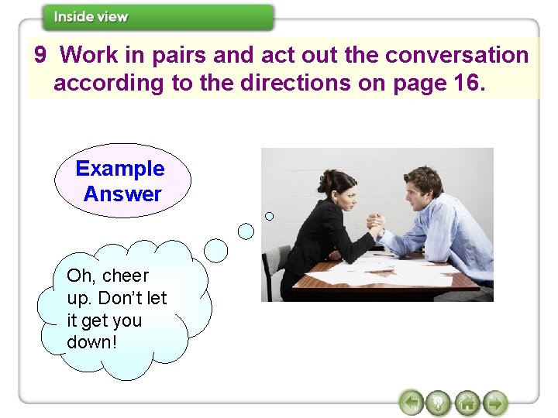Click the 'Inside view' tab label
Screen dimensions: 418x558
(x=91, y=17)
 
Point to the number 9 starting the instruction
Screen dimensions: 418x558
(x=41, y=56)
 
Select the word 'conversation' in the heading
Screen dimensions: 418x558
(x=456, y=56)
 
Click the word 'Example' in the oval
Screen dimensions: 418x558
(x=120, y=169)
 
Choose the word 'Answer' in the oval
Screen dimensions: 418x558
(x=122, y=194)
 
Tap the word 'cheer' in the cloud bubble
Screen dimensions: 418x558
(x=125, y=276)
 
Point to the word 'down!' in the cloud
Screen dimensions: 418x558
(x=92, y=341)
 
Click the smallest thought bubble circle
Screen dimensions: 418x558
(x=270, y=216)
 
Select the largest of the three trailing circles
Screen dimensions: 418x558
(x=216, y=250)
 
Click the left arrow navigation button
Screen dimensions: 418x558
(x=411, y=403)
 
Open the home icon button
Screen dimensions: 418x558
(x=467, y=403)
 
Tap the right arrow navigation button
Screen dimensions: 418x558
(x=494, y=403)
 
